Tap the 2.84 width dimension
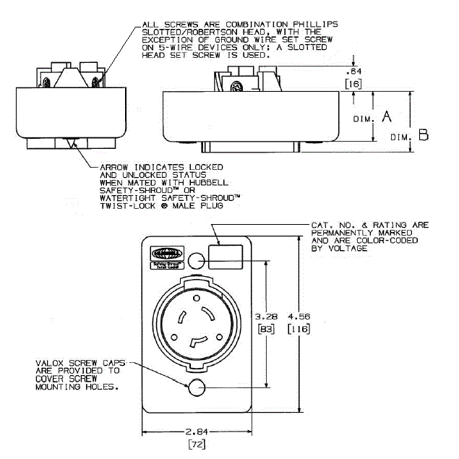coord(196,432)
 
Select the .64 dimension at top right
coord(354,72)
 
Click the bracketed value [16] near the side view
coord(354,85)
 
